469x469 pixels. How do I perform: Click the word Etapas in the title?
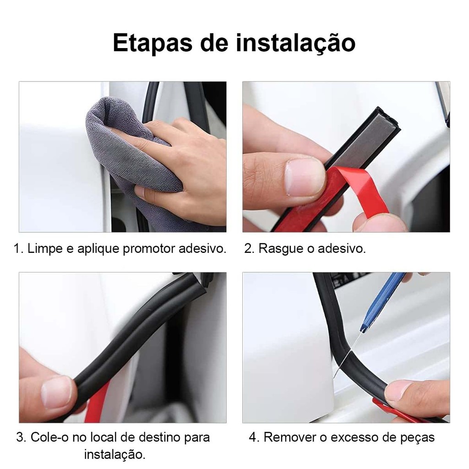[x=153, y=43]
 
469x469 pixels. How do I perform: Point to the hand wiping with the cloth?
[x=180, y=168]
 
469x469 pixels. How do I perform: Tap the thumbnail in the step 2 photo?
[x=305, y=176]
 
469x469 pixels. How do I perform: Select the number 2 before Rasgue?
[x=248, y=249]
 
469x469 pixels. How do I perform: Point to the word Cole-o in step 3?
[x=49, y=437]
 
